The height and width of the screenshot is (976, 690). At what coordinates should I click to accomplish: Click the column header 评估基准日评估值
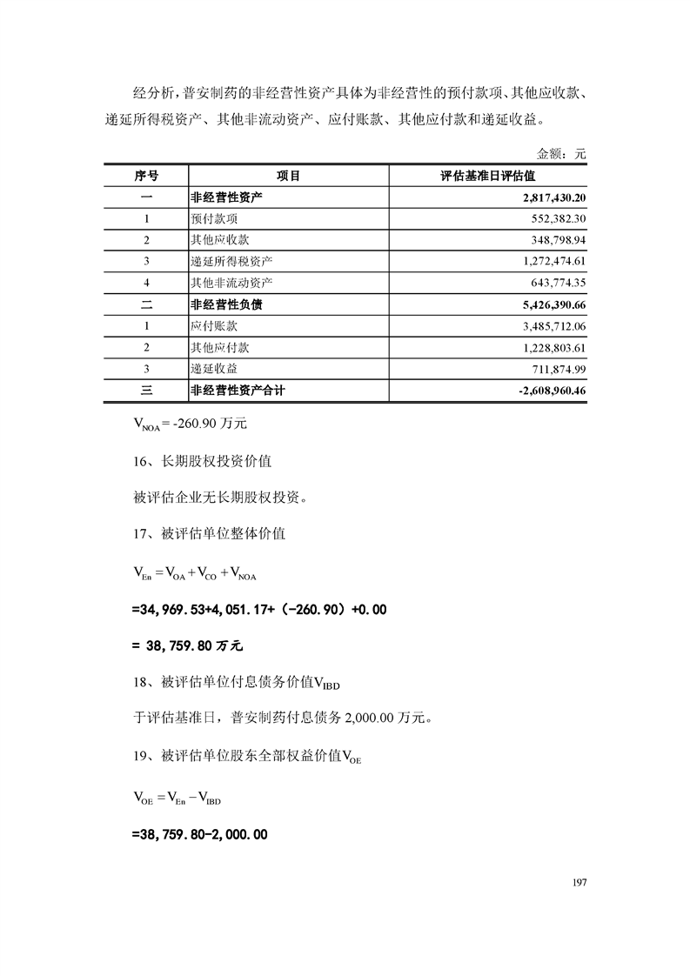pos(487,176)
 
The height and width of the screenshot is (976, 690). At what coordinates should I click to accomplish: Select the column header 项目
pos(288,176)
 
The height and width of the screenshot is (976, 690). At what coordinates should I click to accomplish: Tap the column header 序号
pos(146,176)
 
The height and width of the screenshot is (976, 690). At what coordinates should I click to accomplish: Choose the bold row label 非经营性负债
pos(225,304)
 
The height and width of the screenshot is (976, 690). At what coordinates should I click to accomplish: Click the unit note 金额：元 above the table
pos(561,154)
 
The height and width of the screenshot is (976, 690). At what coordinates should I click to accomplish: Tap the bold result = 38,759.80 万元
pos(187,647)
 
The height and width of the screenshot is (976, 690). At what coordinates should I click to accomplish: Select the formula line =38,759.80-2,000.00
pos(199,834)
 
